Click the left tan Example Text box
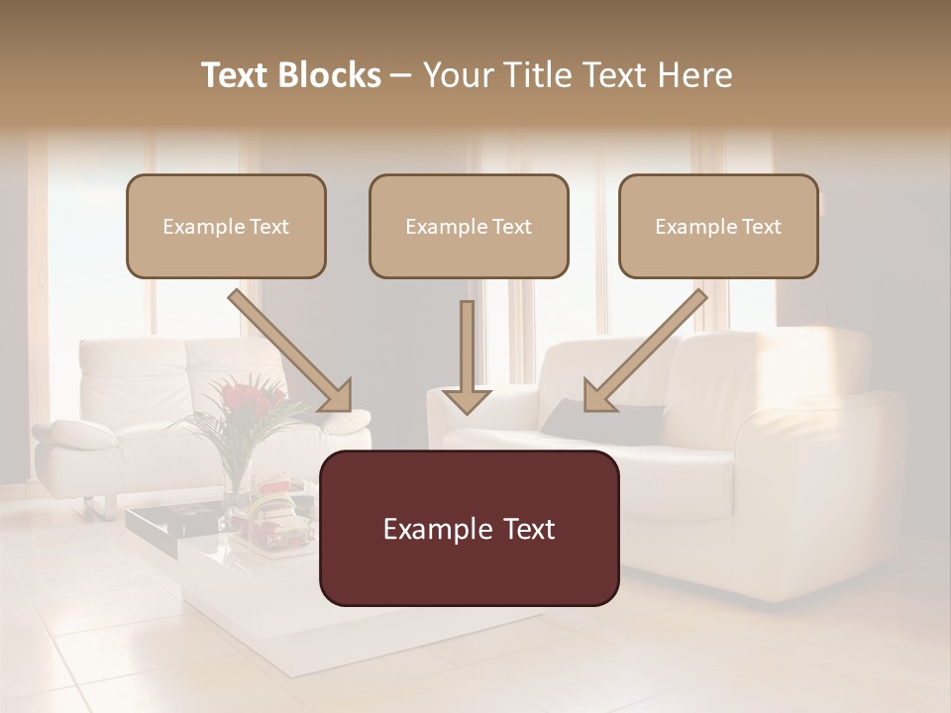click(x=226, y=226)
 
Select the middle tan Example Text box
click(x=469, y=226)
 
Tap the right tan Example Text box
click(x=718, y=226)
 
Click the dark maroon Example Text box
click(x=469, y=528)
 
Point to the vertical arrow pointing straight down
click(x=467, y=356)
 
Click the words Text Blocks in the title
click(x=290, y=75)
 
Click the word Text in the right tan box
click(x=760, y=227)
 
